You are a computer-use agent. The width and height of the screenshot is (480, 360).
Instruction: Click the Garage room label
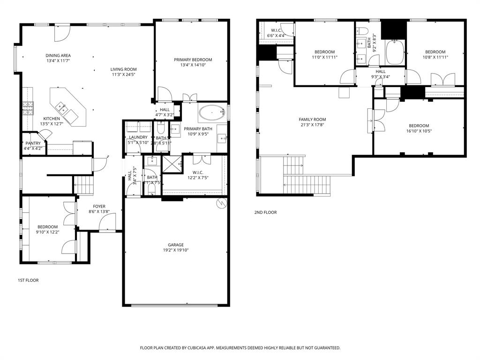click(x=176, y=245)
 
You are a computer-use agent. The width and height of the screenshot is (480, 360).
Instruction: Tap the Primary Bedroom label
click(x=193, y=60)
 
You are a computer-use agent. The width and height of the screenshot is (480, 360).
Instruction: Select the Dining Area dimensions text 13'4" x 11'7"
click(x=59, y=61)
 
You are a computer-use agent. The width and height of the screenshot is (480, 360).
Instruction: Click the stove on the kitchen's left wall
click(x=28, y=108)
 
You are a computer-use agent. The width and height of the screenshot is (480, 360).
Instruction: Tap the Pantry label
click(x=33, y=143)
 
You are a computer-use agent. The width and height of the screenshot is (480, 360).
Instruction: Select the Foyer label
click(x=99, y=206)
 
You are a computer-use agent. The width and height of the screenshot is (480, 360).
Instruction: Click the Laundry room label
click(x=138, y=137)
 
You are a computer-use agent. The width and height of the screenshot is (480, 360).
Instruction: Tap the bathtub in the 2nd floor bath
click(x=395, y=52)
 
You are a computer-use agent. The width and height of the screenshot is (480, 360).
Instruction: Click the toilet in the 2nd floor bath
click(x=364, y=31)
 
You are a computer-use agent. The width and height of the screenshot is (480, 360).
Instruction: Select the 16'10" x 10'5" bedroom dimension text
click(x=419, y=131)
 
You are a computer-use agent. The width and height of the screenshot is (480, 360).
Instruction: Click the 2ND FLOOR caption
click(x=265, y=212)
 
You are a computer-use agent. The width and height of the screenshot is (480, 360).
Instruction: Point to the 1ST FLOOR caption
click(x=28, y=280)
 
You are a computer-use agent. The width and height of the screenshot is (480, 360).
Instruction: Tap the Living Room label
click(x=124, y=69)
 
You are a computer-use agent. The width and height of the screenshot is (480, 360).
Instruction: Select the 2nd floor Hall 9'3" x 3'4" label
click(x=381, y=71)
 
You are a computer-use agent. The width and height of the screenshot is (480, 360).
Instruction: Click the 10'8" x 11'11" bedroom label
click(x=435, y=52)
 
